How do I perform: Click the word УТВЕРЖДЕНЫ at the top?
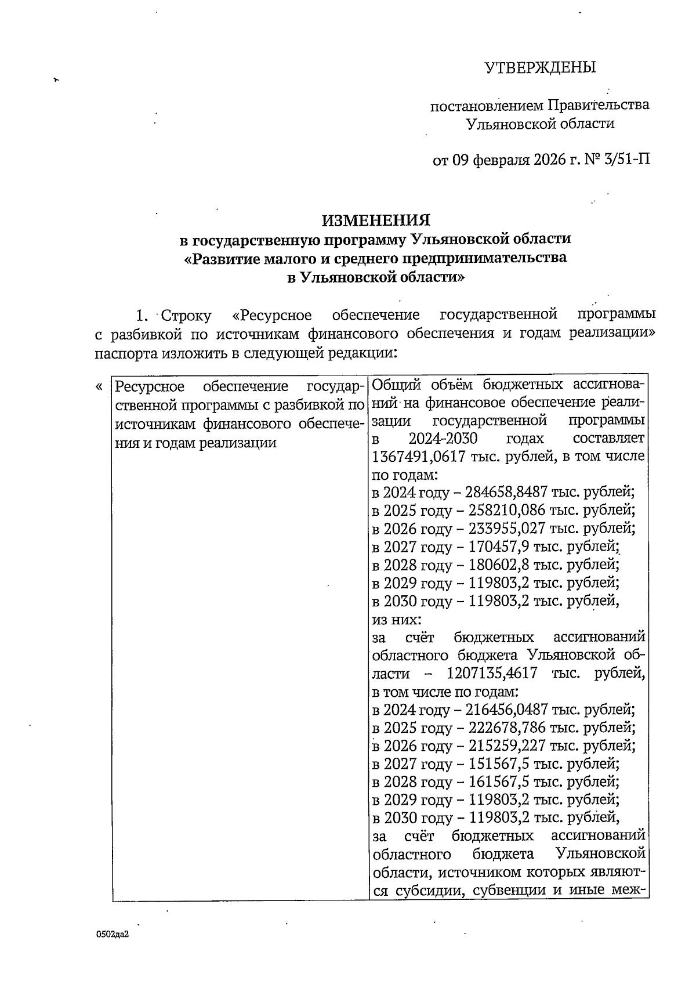[540, 68]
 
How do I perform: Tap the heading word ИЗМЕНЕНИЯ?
[376, 220]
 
